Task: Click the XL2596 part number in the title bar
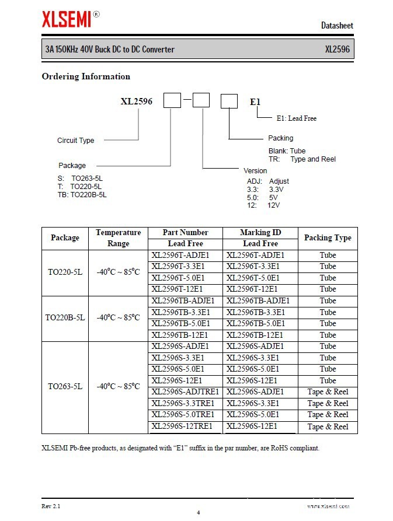tap(337, 50)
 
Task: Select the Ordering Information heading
tap(86, 76)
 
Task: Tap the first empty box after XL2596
tap(172, 101)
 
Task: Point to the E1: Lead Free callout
tap(296, 118)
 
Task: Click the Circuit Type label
tap(75, 141)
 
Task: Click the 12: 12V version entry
tap(263, 205)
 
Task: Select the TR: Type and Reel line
tap(302, 159)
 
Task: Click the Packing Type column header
tap(328, 237)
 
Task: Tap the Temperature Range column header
tap(119, 237)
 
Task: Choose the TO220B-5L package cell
tap(65, 318)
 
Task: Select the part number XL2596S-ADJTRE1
tap(185, 391)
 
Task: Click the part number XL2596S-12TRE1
tap(182, 426)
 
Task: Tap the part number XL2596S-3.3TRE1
tap(182, 403)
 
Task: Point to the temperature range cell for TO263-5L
tap(119, 386)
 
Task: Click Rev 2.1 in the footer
tap(51, 505)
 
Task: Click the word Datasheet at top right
tap(337, 26)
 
